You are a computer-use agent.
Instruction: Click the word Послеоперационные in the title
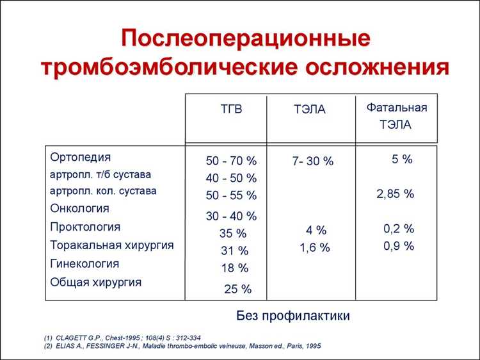point(246,38)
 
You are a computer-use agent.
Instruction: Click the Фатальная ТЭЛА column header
point(396,116)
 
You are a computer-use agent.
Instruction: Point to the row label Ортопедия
point(80,157)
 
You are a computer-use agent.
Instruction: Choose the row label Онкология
point(79,208)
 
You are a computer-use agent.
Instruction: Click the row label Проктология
point(84,227)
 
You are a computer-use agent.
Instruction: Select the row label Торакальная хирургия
point(111,245)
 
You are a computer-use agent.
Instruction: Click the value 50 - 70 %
point(231,161)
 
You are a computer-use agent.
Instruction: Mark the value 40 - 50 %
point(231,178)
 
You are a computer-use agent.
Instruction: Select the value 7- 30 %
point(313,161)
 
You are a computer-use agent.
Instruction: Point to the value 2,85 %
point(395,194)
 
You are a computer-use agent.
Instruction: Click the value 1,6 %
point(315,247)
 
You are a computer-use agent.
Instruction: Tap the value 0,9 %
point(399,245)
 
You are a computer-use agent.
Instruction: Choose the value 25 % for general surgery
point(238,290)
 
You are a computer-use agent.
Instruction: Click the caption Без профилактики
point(293,316)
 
